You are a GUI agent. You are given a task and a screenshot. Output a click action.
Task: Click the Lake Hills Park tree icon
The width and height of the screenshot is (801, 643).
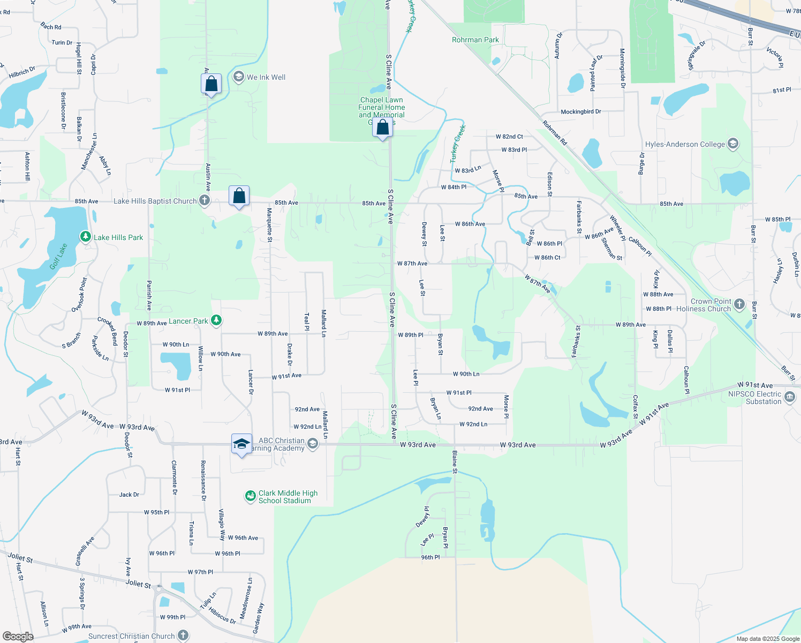pos(85,236)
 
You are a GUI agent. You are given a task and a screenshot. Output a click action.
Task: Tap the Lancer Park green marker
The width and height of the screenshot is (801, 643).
pos(216,320)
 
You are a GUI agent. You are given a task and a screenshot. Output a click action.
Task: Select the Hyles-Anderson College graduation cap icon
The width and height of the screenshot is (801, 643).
pos(733,144)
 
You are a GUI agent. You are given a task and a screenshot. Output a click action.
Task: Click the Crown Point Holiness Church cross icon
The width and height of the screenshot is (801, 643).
pos(739,304)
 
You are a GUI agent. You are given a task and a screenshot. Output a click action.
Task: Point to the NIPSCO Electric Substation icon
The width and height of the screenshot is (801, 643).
pos(790,397)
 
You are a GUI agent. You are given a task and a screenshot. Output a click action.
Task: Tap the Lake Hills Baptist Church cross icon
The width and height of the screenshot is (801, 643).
pos(204,201)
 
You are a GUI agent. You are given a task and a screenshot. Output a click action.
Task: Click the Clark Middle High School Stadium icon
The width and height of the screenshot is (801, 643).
pos(250,496)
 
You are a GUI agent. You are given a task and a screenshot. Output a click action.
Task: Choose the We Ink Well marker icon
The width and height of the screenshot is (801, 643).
pos(238,77)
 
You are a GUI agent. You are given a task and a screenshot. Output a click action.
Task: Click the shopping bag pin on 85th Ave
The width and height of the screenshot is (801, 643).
pos(239,196)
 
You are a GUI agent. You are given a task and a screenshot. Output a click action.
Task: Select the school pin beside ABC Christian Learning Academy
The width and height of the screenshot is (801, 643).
pos(241,444)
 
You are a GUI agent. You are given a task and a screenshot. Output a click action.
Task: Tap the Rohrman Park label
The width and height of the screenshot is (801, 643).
pos(475,40)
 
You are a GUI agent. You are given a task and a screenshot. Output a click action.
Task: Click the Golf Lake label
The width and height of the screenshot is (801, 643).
pos(58,257)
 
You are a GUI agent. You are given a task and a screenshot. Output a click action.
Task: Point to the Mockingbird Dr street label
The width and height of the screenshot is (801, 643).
pos(581,112)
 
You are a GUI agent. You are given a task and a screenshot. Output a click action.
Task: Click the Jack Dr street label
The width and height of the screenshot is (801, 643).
pos(129,495)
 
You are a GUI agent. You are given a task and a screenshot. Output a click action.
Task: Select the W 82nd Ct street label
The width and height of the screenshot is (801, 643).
pos(509,137)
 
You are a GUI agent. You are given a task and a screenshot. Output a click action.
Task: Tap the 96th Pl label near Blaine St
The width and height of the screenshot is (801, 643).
pos(430,557)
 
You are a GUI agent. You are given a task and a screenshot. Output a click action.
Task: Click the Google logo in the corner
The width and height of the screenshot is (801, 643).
pos(18,636)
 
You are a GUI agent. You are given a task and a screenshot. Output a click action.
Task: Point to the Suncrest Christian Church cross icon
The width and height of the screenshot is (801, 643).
pos(183,635)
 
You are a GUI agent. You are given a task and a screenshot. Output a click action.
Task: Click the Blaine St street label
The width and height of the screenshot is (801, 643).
pos(455,462)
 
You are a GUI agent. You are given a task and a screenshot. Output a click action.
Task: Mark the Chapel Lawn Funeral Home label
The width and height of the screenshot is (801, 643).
pos(382,108)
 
